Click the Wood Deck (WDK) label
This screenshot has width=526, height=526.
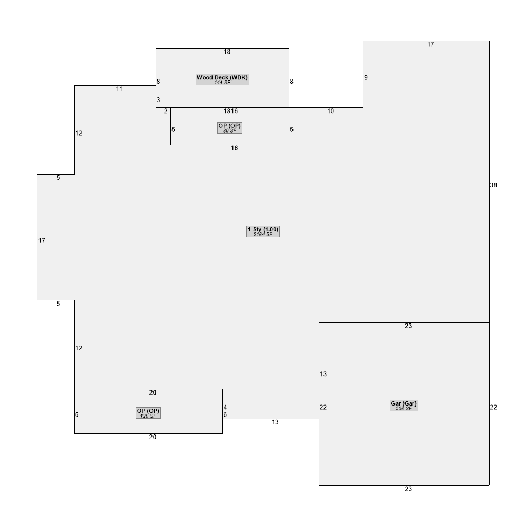click(222, 77)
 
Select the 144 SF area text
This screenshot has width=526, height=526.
click(222, 83)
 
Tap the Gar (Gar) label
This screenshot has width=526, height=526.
click(403, 403)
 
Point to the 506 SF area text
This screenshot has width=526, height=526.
click(403, 409)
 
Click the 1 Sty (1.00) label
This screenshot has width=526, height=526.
click(263, 229)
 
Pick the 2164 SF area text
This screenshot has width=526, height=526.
click(263, 235)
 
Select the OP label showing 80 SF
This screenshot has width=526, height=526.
click(230, 126)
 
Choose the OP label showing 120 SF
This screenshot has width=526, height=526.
click(148, 411)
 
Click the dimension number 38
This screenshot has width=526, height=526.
click(493, 185)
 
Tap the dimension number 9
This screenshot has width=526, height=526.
click(366, 77)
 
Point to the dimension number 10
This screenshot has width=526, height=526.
click(331, 111)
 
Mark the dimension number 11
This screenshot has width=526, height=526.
click(119, 89)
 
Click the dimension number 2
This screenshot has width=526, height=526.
click(166, 111)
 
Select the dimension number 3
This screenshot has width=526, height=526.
click(158, 99)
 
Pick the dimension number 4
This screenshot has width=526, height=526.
click(225, 407)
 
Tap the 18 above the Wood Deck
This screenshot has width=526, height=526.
click(227, 52)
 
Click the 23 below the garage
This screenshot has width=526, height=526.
click(408, 489)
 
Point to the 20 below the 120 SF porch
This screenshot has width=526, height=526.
click(153, 437)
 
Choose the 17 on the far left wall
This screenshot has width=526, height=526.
click(42, 240)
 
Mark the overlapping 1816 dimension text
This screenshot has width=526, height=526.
click(231, 111)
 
